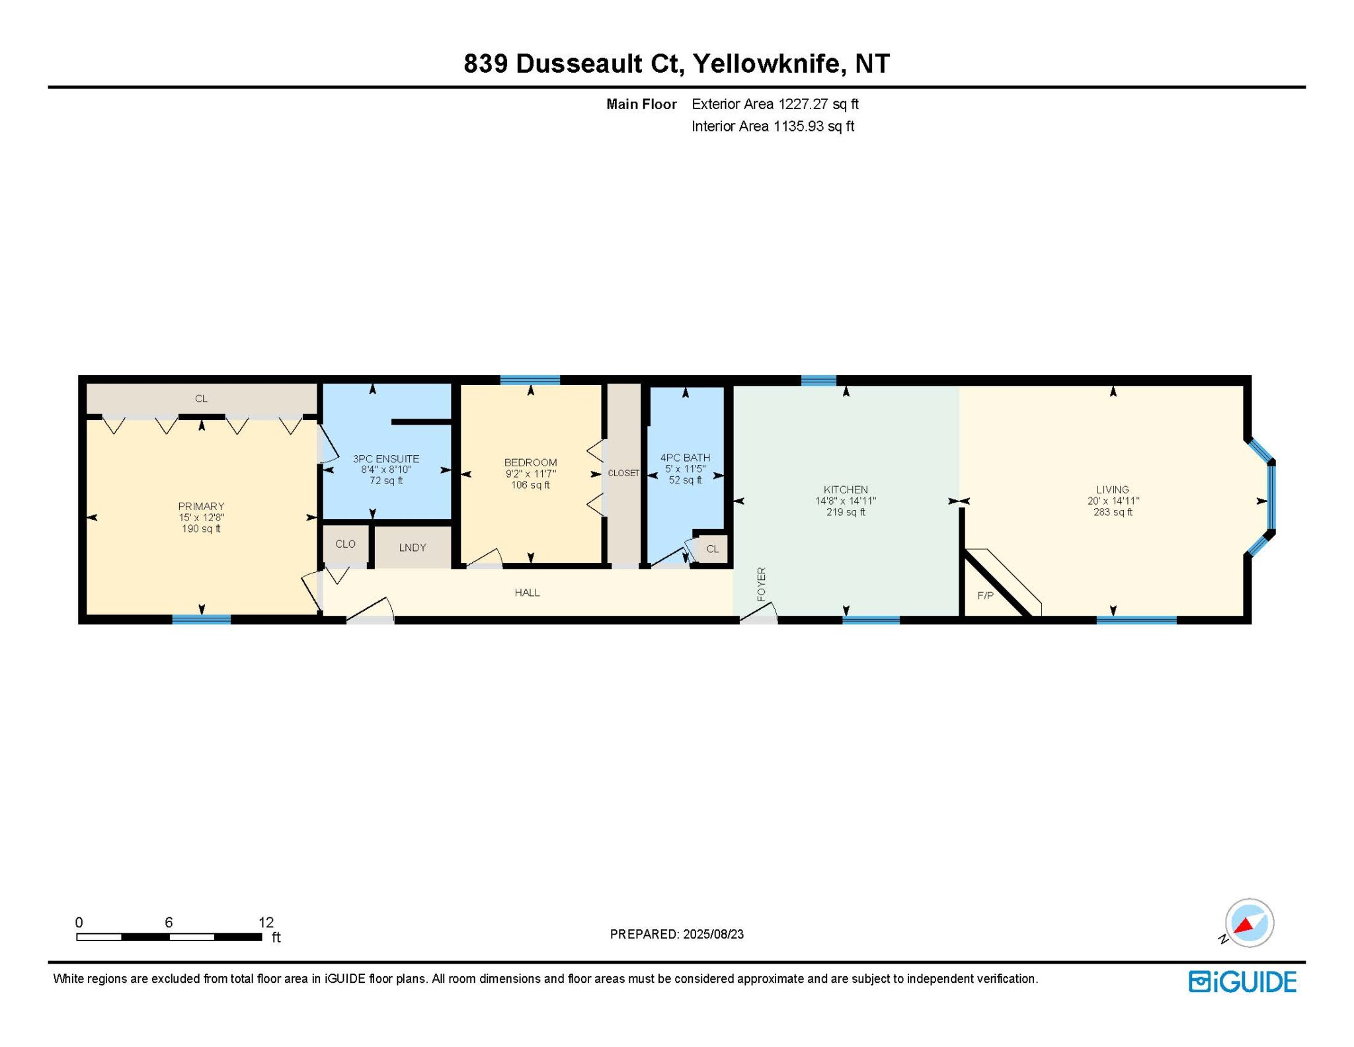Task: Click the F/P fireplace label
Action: [x=985, y=595]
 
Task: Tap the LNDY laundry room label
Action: [x=413, y=547]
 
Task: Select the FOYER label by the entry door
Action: [x=761, y=584]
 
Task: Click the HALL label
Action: [x=527, y=593]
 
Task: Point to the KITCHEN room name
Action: [x=846, y=490]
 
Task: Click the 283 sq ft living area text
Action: [x=1113, y=512]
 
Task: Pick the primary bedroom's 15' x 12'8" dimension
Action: [x=201, y=517]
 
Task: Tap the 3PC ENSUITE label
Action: [x=385, y=458]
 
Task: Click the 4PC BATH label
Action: [x=685, y=458]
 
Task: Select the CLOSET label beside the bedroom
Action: [x=623, y=473]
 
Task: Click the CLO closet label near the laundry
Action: [x=345, y=544]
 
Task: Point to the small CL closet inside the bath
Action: [x=712, y=549]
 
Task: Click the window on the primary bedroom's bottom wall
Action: [x=202, y=620]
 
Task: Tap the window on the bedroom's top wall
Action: [x=530, y=380]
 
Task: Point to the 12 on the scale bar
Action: [x=266, y=922]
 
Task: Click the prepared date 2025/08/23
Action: [x=713, y=934]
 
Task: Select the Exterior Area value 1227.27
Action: [x=803, y=104]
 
